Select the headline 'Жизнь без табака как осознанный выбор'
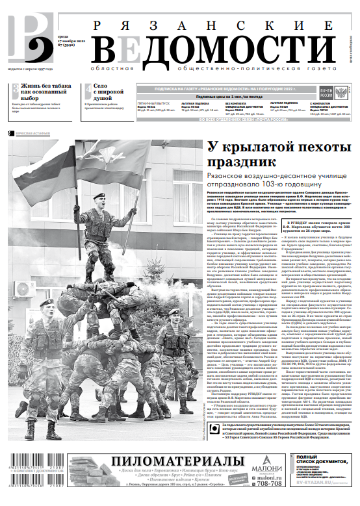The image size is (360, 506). click(x=45, y=92)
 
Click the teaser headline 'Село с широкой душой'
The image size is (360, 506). click(x=108, y=92)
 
